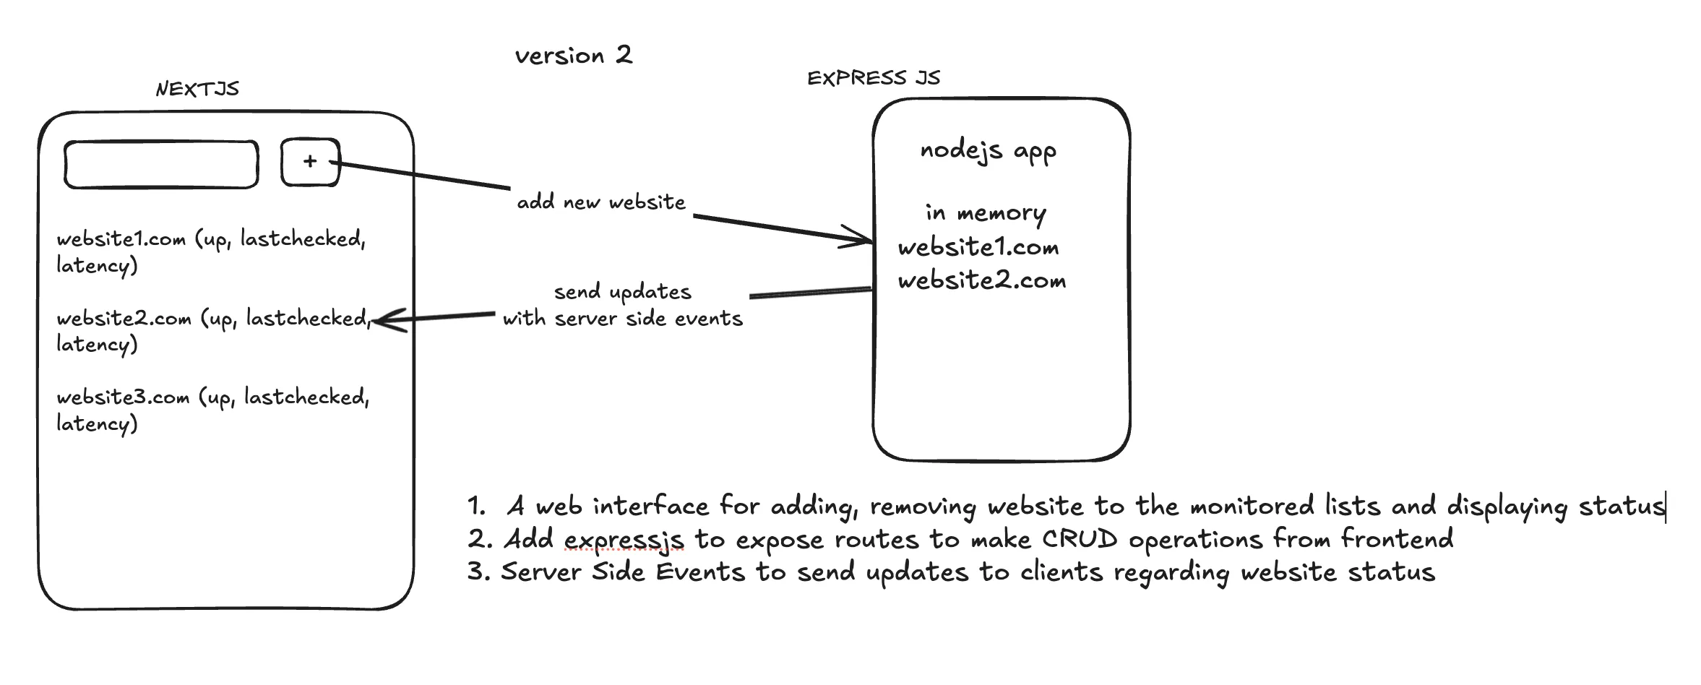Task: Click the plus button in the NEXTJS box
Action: coord(310,162)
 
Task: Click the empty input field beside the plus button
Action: coord(161,165)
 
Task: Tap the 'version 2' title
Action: coord(574,56)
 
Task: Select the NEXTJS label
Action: coord(197,89)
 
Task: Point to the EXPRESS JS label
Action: coord(874,78)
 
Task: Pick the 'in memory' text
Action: coord(986,213)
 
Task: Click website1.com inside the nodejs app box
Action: coord(978,248)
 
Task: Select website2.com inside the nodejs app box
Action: coord(982,280)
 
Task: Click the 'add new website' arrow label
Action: coord(601,202)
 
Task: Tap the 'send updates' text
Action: coord(623,292)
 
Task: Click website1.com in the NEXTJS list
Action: coord(121,239)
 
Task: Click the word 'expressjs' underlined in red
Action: coord(624,540)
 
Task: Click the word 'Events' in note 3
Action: coord(700,572)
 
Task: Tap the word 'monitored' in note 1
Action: coord(1252,506)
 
